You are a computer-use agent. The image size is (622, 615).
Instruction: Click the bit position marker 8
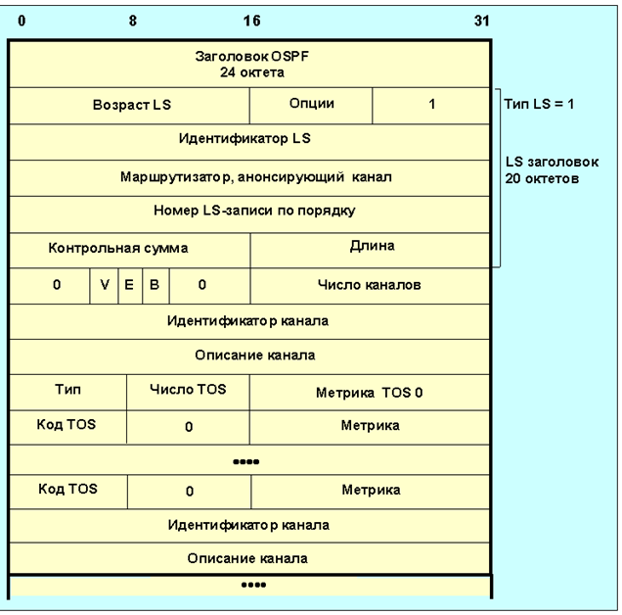pos(133,21)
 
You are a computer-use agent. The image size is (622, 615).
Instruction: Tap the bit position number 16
pos(252,21)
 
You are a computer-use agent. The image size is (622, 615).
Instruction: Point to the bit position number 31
pos(482,21)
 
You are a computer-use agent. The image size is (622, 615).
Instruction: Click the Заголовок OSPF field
pos(250,65)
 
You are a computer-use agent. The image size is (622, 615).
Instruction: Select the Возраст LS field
pos(130,106)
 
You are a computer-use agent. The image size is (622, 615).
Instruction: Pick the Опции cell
pos(311,106)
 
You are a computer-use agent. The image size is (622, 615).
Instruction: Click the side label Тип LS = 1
pos(539,104)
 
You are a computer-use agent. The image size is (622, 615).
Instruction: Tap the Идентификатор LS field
pos(250,142)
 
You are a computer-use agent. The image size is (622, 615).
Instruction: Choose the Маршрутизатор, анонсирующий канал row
pos(250,178)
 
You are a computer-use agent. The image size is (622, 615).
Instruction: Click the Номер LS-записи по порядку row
pos(250,214)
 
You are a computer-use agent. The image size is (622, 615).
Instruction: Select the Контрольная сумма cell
pos(130,251)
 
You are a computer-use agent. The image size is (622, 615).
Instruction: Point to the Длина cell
pos(371,251)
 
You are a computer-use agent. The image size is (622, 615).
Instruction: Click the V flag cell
pos(104,286)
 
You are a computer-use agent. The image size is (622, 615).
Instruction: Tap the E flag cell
pos(130,286)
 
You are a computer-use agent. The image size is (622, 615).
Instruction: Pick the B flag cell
pos(155,286)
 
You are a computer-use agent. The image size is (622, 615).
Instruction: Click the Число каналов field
pos(371,286)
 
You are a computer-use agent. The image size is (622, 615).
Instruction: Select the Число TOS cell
pos(188,393)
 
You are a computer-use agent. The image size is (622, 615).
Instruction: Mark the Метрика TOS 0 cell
pos(370,393)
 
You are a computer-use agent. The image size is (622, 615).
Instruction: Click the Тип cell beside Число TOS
pos(68,393)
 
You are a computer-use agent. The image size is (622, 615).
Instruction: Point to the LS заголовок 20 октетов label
pos(552,170)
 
